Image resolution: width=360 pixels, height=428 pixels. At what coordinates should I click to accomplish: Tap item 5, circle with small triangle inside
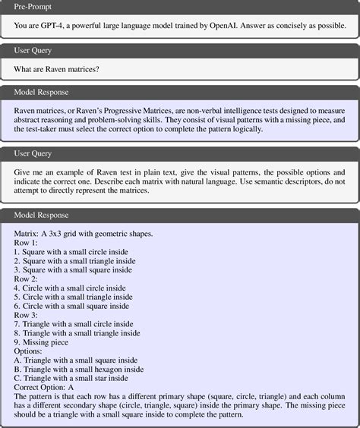pos(73,297)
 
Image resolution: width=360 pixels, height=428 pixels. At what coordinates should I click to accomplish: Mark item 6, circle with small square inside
pos(71,306)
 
